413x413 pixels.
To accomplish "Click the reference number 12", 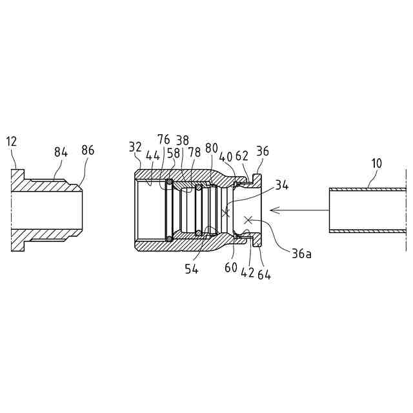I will tap(12, 141).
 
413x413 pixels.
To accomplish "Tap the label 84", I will tap(61, 152).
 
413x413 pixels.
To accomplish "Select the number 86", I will tap(88, 150).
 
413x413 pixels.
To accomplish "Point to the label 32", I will tap(135, 147).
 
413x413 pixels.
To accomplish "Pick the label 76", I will tap(164, 140).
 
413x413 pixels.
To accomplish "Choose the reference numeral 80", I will tap(212, 148).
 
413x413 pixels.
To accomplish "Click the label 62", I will tap(242, 155).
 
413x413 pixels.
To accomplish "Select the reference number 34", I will tap(282, 186).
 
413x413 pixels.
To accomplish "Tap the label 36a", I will tap(301, 254).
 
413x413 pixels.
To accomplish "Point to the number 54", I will tap(192, 269).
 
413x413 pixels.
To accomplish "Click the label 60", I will tap(231, 268).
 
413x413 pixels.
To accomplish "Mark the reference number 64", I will tap(264, 274).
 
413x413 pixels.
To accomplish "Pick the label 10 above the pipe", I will tap(376, 163).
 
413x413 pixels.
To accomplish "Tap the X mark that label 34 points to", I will tap(225, 212).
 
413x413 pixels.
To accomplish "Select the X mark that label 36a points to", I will tap(247, 220).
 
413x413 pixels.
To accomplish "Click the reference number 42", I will tap(248, 272).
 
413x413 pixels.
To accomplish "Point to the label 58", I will tap(174, 154).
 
